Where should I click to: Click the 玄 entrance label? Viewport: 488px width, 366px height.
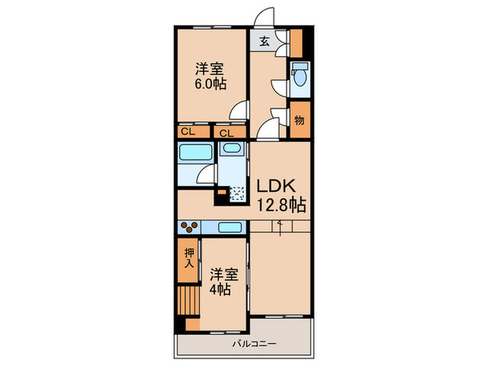point(266,40)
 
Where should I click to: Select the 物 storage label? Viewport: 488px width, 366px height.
point(299,120)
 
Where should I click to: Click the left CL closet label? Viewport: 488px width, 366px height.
point(188,131)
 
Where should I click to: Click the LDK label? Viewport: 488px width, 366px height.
point(278,187)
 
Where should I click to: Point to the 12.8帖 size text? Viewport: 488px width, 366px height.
point(282,206)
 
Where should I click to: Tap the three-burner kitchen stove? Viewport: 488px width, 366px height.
point(189,226)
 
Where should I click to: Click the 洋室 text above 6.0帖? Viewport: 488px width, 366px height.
point(211,68)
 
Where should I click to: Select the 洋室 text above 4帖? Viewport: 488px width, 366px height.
point(219,273)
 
